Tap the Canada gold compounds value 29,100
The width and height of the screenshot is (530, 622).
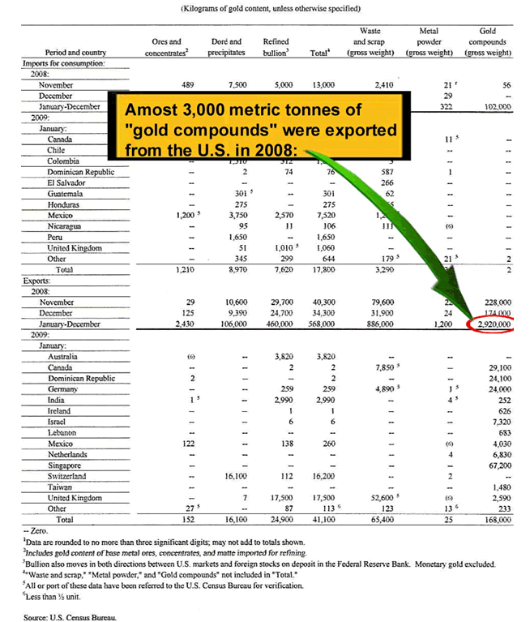pyautogui.click(x=497, y=367)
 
